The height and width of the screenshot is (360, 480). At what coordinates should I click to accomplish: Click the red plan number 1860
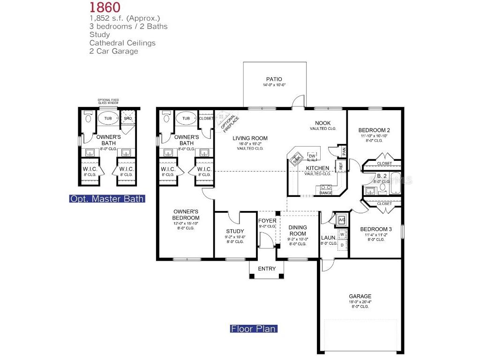105,7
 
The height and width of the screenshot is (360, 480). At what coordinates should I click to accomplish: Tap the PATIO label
274,79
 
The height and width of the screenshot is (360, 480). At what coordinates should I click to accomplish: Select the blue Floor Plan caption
254,329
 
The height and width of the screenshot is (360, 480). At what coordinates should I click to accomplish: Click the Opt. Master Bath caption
107,199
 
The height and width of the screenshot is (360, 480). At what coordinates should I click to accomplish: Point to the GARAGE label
360,296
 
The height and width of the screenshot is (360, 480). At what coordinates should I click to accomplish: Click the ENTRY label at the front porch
267,269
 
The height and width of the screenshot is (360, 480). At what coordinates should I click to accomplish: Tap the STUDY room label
235,231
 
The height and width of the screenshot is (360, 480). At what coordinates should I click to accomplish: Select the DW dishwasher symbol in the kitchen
312,156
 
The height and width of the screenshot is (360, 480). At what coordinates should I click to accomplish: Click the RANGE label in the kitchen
326,193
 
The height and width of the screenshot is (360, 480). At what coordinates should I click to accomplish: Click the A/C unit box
342,219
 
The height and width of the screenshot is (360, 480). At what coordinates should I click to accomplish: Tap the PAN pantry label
344,151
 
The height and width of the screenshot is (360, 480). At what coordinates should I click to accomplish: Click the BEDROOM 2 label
374,130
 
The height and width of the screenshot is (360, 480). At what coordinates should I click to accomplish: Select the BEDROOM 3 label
375,229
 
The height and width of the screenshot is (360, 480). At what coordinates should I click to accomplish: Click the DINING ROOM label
297,230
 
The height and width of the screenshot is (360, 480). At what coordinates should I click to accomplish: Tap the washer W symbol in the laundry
342,233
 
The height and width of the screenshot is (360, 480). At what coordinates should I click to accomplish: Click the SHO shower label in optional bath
127,119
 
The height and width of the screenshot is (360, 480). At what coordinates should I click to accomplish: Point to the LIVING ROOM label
250,138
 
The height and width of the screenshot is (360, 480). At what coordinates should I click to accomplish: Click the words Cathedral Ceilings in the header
122,43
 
